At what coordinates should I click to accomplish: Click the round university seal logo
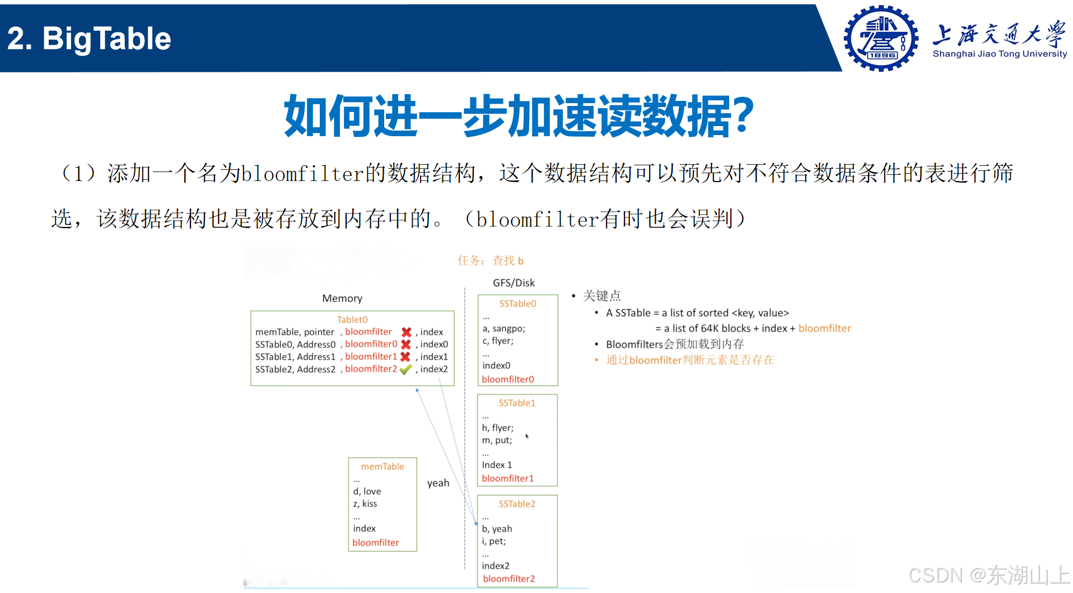[881, 38]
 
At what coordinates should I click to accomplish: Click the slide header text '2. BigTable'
[89, 39]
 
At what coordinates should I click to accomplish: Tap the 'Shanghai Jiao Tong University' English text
[1000, 54]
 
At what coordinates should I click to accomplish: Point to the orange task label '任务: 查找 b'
[490, 261]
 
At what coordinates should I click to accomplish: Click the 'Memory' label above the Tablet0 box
[342, 298]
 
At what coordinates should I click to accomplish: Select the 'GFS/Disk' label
[514, 283]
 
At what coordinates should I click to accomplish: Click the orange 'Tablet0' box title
[352, 319]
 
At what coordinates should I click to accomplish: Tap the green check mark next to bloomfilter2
[406, 369]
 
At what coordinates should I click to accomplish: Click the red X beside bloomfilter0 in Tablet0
[406, 344]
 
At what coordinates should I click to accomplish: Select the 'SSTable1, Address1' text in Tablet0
[295, 357]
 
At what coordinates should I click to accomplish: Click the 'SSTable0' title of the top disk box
[517, 303]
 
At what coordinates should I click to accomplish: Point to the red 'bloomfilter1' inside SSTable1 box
[507, 478]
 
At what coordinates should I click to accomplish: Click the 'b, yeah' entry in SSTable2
[497, 529]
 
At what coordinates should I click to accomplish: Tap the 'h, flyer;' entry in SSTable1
[497, 428]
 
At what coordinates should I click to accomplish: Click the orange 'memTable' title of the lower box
[382, 466]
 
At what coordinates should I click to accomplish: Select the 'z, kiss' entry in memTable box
[365, 503]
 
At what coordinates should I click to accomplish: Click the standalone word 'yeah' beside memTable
[438, 483]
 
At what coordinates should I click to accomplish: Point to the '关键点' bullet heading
[601, 296]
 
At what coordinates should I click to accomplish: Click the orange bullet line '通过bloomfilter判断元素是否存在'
[689, 360]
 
